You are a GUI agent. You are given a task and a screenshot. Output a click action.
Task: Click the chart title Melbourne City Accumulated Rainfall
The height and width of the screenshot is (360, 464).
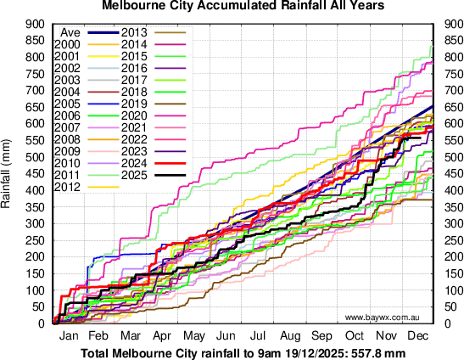pos(231,6)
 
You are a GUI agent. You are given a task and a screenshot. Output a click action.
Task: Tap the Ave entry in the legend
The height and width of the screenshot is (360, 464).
pos(70,32)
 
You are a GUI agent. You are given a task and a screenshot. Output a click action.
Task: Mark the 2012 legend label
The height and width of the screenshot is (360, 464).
pos(66,186)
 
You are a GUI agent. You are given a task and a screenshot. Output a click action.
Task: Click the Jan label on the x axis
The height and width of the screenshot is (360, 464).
pos(69,335)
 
